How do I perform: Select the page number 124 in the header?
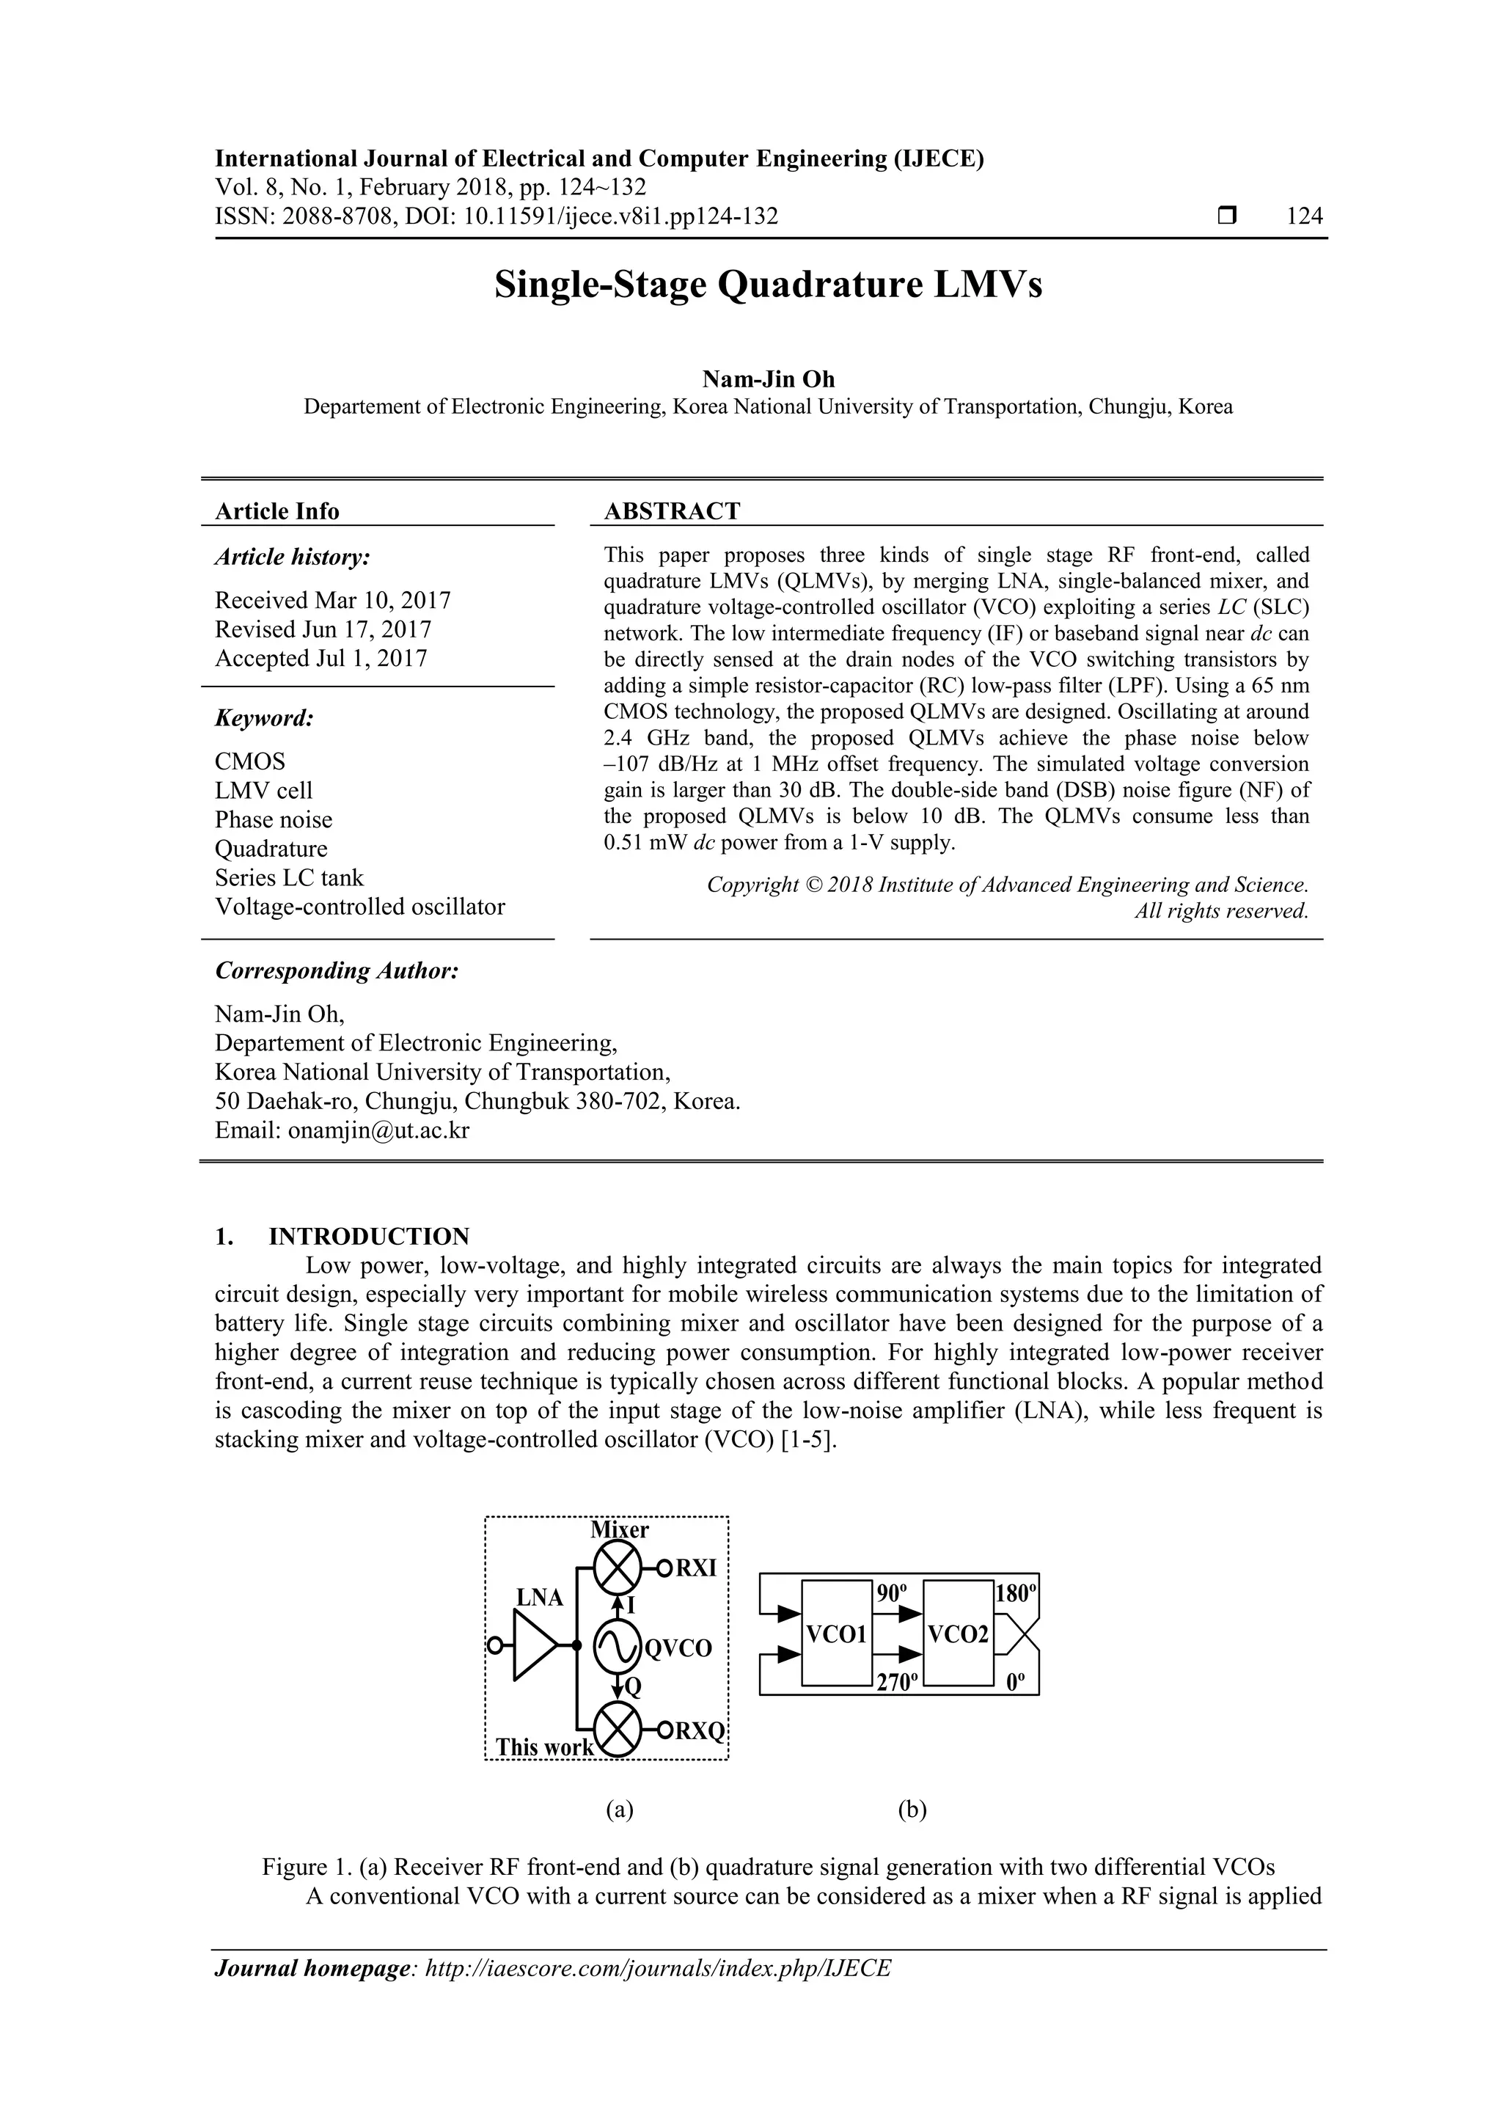click(x=1304, y=216)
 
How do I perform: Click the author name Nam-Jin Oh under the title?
click(x=768, y=379)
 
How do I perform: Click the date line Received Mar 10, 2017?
click(x=332, y=601)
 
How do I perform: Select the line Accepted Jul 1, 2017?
click(x=320, y=658)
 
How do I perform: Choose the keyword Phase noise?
click(x=273, y=820)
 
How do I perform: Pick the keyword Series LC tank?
click(x=289, y=877)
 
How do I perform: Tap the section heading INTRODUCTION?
click(x=368, y=1237)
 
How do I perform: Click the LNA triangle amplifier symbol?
click(x=535, y=1645)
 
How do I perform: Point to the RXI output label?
click(x=696, y=1568)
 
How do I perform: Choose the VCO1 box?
click(x=835, y=1634)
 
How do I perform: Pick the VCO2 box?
click(x=957, y=1634)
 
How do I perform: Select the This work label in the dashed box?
click(x=543, y=1747)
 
